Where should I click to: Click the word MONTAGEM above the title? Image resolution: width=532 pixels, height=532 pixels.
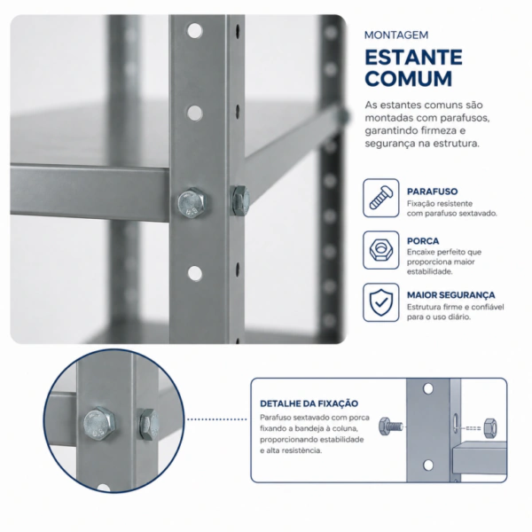396,35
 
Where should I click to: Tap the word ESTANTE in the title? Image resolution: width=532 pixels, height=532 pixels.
413,57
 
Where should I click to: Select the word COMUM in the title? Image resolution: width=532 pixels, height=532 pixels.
409,79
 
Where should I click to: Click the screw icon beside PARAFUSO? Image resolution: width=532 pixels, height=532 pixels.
381,198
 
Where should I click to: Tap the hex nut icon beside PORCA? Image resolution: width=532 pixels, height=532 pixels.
381,250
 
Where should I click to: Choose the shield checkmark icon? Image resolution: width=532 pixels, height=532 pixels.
381,302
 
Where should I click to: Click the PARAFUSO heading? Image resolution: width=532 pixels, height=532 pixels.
433,192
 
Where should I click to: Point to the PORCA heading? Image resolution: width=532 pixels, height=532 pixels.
423,241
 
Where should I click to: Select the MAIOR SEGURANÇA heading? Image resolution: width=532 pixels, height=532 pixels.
451,295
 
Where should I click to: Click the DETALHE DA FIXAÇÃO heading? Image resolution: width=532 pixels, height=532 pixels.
309,403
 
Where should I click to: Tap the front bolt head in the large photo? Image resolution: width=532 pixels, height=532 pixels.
192,203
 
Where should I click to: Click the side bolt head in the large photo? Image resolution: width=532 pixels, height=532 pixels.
240,200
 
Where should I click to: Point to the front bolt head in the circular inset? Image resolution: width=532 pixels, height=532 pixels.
98,423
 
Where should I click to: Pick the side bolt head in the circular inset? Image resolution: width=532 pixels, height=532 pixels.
149,425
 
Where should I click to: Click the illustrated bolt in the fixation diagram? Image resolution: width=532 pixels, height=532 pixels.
390,426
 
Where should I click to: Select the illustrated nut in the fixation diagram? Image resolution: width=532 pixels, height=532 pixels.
490,428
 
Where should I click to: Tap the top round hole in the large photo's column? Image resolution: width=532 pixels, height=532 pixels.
195,31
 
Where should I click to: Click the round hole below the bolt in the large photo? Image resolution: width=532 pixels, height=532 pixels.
195,273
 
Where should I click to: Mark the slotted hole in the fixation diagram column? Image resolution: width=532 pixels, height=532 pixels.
456,423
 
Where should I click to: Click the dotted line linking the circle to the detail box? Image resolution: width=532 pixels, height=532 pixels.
217,419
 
